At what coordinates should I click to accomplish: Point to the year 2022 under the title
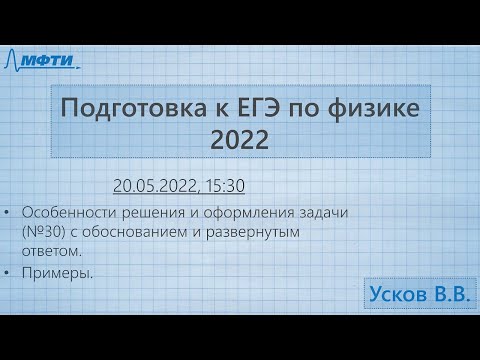[240, 142]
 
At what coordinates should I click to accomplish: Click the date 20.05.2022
[154, 186]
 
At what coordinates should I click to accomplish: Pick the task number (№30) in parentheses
[43, 232]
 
